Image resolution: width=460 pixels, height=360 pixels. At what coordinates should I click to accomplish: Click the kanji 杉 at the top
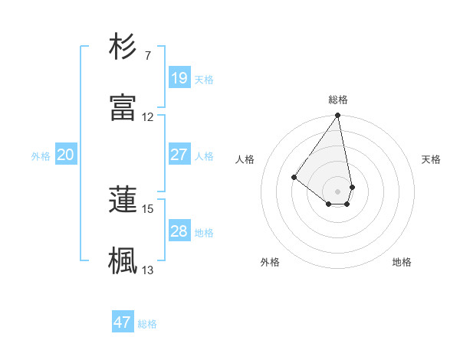[x=123, y=47]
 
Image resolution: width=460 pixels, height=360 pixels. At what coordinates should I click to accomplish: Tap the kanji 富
[x=123, y=108]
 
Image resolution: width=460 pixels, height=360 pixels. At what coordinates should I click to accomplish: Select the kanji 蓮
[x=123, y=200]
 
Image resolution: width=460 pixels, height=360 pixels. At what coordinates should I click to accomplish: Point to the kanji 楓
[x=123, y=261]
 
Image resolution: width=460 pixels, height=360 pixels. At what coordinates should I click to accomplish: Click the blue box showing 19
[x=179, y=78]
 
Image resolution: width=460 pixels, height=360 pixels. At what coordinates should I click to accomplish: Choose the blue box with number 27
[x=179, y=155]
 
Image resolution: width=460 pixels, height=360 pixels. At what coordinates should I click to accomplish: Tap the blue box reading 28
[x=179, y=231]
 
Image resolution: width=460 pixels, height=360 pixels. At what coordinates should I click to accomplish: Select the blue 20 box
[x=66, y=155]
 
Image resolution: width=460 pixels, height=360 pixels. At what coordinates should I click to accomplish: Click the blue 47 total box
[x=123, y=322]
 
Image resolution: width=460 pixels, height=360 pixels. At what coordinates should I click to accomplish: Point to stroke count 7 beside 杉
[x=147, y=56]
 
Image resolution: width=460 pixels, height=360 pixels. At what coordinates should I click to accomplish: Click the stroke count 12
[x=148, y=117]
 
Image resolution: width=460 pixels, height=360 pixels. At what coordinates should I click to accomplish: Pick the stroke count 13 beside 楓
[x=148, y=270]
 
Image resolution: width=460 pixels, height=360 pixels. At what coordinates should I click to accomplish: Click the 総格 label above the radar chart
[x=338, y=100]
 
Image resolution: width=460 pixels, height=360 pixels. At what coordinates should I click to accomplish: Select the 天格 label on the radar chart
[x=431, y=159]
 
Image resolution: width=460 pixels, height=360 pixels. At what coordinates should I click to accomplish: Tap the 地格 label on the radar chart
[x=402, y=262]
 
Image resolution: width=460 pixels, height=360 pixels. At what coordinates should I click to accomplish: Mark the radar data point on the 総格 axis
[x=337, y=116]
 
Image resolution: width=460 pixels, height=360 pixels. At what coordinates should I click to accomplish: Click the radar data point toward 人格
[x=294, y=177]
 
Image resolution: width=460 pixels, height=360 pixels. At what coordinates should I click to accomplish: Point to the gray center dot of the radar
[x=337, y=191]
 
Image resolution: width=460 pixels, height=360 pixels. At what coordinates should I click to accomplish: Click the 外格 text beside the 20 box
[x=41, y=155]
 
